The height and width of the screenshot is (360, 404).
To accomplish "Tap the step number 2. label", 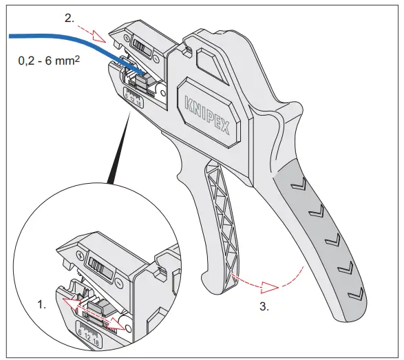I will pos(70,19).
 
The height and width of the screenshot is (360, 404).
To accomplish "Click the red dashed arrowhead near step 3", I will pos(271,284).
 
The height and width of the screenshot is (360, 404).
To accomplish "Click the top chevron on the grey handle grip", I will pos(297,184).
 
